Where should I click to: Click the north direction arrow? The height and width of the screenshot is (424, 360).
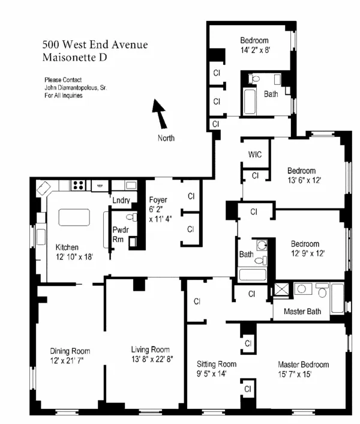[x=160, y=114]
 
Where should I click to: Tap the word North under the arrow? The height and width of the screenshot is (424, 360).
[x=166, y=138]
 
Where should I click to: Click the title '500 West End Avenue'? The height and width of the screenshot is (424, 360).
[x=95, y=44]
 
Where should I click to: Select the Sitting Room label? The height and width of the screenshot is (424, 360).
[x=217, y=364]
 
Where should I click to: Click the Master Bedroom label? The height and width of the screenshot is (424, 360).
[x=303, y=365]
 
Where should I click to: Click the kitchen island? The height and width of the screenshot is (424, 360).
[x=74, y=217]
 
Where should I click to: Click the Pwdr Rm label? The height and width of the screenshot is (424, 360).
[x=119, y=234]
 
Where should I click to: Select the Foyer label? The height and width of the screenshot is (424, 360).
[x=158, y=199]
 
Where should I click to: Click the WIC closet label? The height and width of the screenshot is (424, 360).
[x=255, y=154]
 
